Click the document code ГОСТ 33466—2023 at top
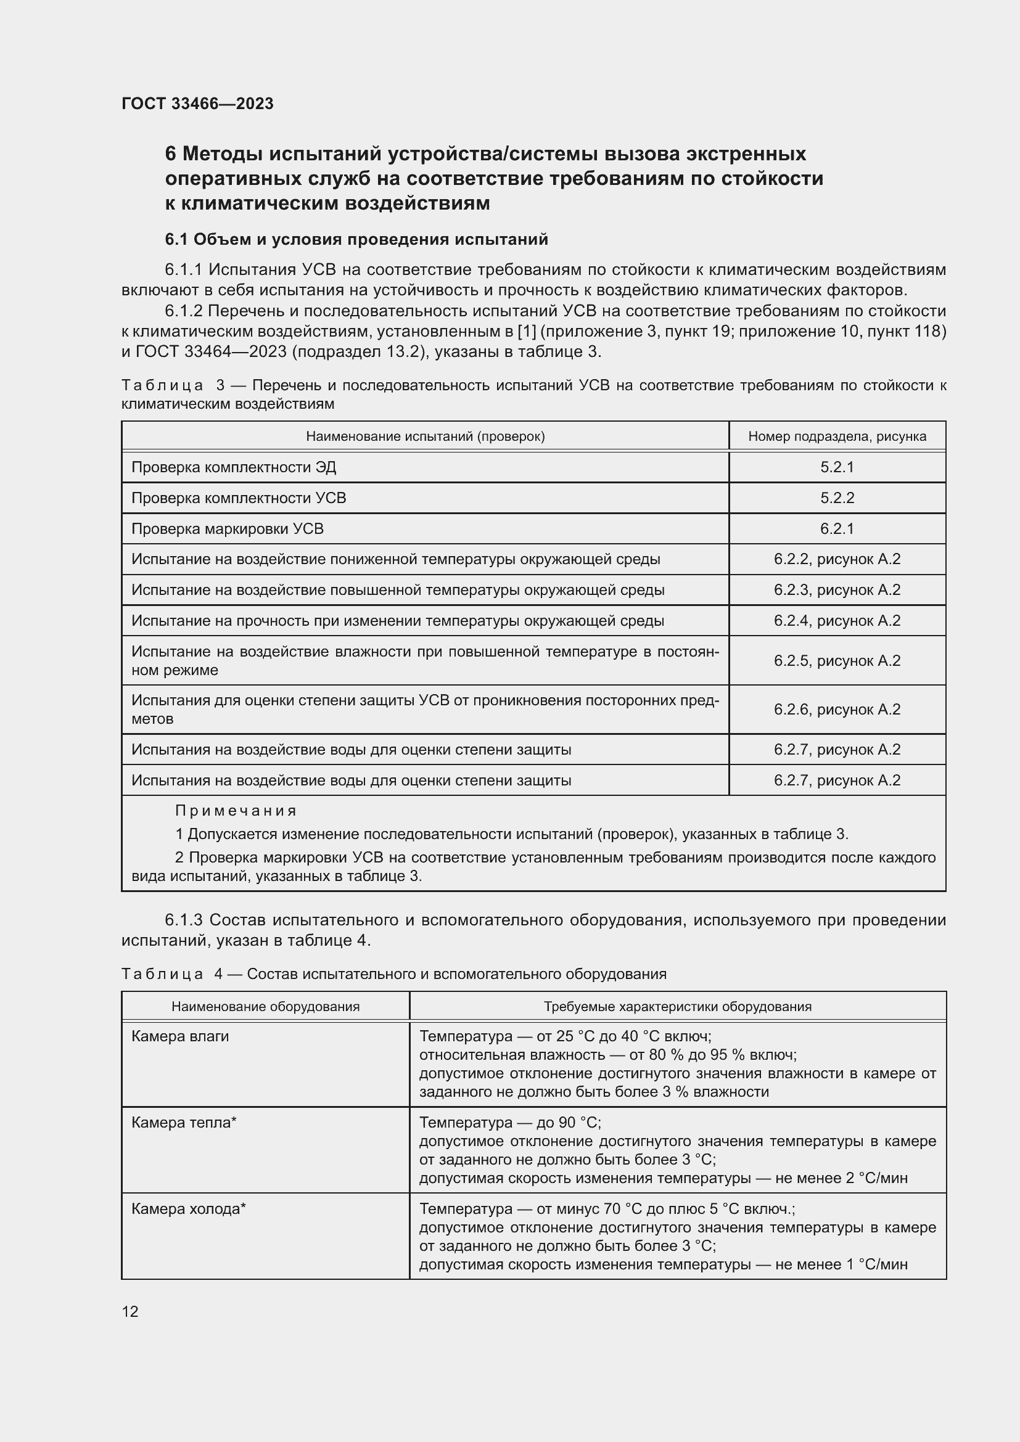(197, 104)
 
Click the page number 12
(130, 1311)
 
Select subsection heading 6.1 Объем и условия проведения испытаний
(356, 239)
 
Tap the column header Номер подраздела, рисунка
(837, 436)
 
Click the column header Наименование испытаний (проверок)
(426, 436)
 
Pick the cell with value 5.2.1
(837, 467)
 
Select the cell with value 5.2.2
(837, 498)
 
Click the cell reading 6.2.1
(837, 529)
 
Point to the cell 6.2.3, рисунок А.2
(837, 591)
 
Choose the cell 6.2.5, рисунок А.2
(837, 661)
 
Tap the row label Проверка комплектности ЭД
(234, 467)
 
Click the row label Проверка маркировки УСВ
(228, 529)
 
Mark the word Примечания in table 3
(236, 811)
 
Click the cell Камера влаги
(180, 1036)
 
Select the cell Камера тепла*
(184, 1122)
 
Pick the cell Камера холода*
(189, 1209)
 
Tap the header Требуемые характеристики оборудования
(677, 1007)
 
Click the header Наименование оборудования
(265, 1007)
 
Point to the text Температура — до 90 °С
(510, 1122)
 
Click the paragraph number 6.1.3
(183, 920)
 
